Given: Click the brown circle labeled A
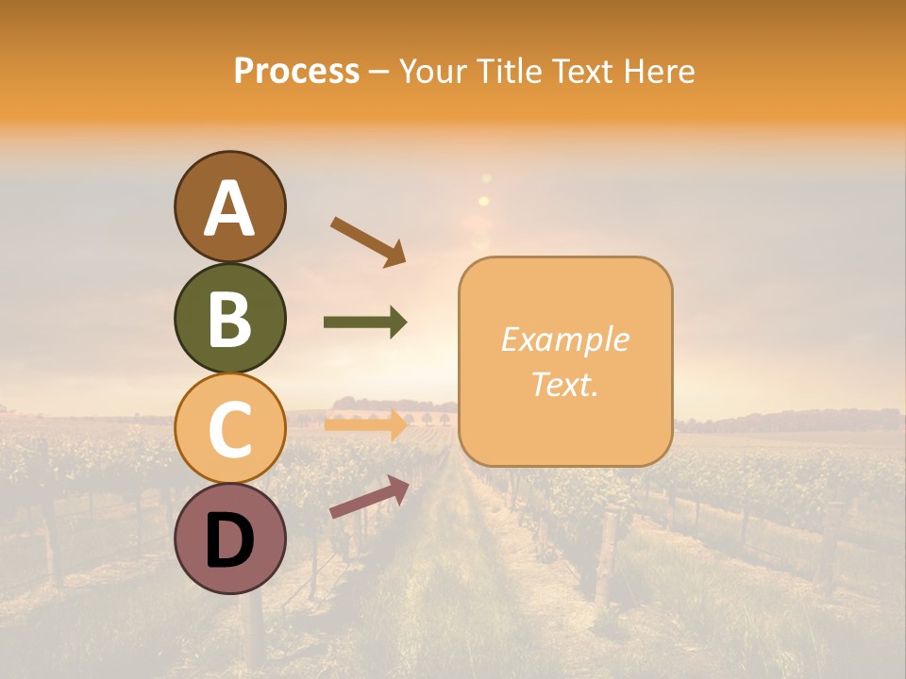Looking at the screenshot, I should pos(229,207).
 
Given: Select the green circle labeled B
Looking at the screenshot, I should pos(229,318).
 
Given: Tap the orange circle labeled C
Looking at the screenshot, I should pos(229,428).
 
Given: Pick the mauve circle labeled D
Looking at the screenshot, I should pos(229,538).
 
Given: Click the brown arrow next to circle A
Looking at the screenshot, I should pos(368,241).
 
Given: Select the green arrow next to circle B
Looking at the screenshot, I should pos(365,323).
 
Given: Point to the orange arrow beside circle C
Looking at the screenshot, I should pos(365,425).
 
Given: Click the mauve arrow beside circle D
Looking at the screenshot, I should pos(369,497).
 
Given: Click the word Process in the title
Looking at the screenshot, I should pos(296,71).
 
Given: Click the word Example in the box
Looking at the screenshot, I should pos(564,339).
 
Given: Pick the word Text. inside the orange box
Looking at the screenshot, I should pos(564,384).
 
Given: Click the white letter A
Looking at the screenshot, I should pos(229,208).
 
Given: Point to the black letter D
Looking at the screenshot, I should pos(229,539).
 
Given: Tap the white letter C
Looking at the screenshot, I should pos(229,429).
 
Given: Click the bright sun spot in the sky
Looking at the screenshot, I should pos(484,201).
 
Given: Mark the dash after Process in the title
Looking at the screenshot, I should pos(378,73).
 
